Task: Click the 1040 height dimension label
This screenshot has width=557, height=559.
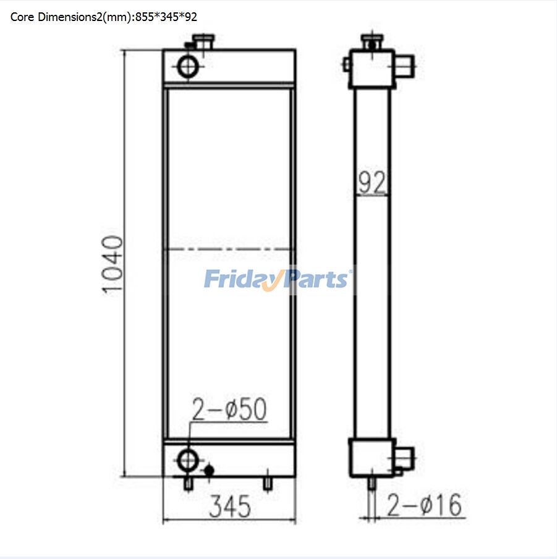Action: [x=113, y=264]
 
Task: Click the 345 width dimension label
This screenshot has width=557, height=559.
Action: [x=229, y=506]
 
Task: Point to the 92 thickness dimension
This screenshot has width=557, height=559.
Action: [x=372, y=183]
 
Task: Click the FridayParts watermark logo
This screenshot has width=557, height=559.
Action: [x=278, y=279]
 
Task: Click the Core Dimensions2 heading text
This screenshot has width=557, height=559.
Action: [x=104, y=17]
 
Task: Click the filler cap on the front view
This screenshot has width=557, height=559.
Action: [x=203, y=42]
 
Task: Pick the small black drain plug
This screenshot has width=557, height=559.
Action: [x=209, y=470]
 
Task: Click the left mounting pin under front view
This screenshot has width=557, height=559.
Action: [x=188, y=484]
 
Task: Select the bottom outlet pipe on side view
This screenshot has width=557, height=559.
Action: [x=406, y=458]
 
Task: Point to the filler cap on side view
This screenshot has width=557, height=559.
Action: [x=371, y=43]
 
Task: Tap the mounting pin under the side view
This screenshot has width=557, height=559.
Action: [x=372, y=484]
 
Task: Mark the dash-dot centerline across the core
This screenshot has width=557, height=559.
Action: [x=229, y=250]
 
